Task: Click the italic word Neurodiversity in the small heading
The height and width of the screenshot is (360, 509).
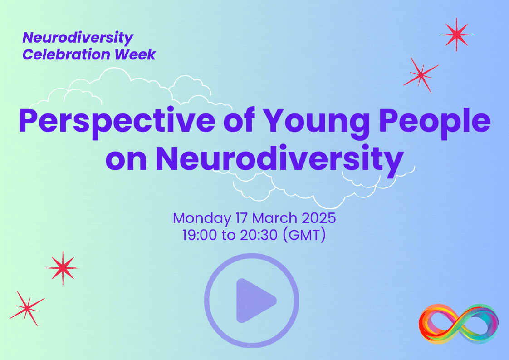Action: coord(78,38)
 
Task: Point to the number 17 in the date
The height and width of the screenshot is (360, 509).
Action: coord(241,218)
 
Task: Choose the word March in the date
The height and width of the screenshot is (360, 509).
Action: coord(275,218)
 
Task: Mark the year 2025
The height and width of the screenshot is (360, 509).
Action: coord(319,218)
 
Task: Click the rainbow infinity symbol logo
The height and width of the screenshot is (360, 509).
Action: coord(458,323)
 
